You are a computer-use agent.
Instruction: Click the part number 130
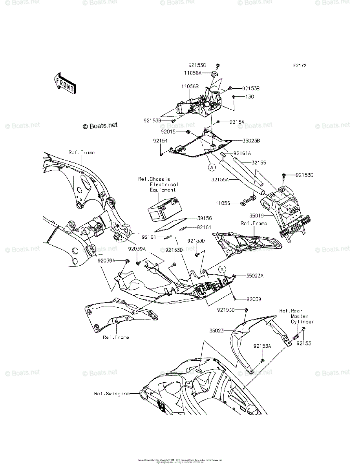(250, 97)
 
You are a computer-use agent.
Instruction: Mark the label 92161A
(242, 153)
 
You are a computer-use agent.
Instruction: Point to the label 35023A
(255, 276)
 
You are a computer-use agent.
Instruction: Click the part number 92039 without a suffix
(254, 299)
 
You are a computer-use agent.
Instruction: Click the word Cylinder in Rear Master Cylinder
(303, 321)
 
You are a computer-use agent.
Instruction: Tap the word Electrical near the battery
(164, 184)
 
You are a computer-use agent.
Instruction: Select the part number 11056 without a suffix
(222, 203)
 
